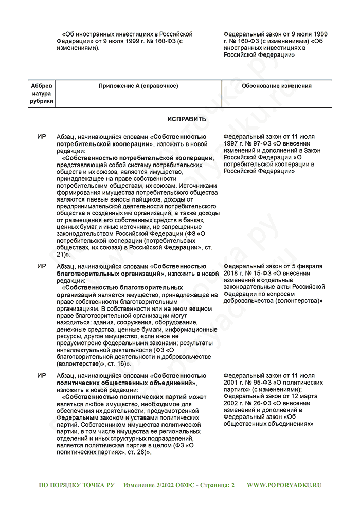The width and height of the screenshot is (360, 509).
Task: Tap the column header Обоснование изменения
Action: pos(276,86)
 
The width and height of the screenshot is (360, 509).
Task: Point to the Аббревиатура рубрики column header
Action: pos(42,94)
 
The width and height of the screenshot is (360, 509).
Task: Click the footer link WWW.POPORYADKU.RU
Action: pos(284,485)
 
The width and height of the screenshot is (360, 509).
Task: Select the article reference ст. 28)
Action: pos(137,452)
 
